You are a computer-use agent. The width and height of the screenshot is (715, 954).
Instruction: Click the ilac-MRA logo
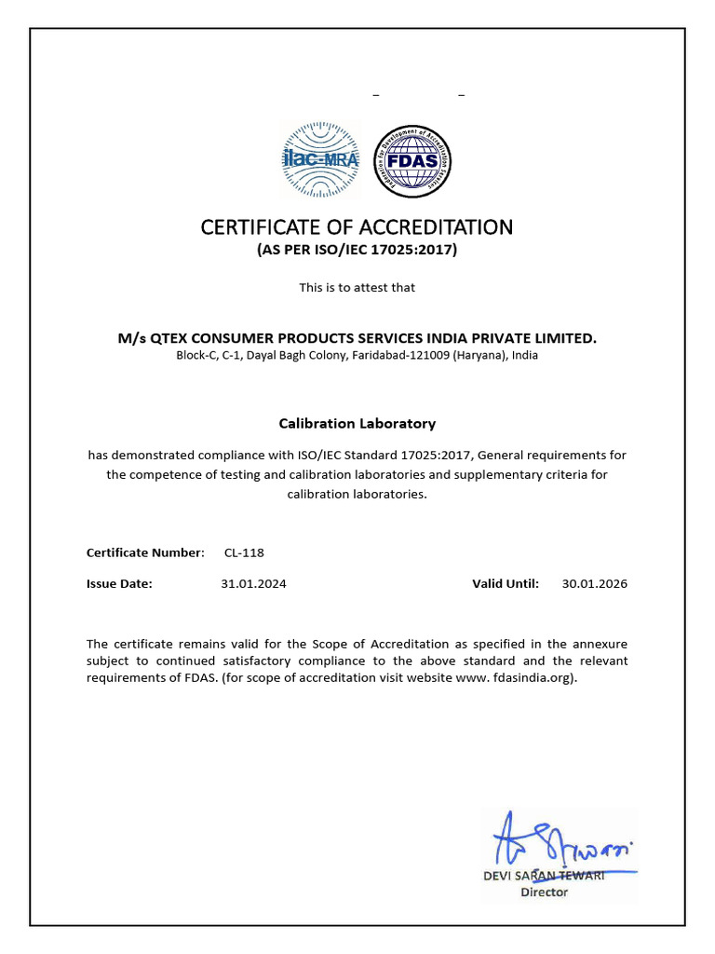click(x=319, y=160)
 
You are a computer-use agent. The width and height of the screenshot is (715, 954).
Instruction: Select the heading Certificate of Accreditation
click(x=357, y=227)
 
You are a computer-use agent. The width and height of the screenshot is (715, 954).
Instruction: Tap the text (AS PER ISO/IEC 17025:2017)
click(x=357, y=251)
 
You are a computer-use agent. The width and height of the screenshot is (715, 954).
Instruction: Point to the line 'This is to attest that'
click(x=357, y=287)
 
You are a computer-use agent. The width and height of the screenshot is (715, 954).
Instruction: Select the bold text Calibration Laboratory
click(x=357, y=423)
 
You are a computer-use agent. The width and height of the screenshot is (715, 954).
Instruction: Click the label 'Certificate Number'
click(x=144, y=552)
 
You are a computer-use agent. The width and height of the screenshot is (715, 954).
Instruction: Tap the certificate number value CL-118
click(x=244, y=552)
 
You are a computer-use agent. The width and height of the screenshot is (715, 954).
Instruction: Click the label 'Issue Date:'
click(x=119, y=584)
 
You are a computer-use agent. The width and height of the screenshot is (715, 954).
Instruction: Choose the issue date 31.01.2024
click(x=253, y=584)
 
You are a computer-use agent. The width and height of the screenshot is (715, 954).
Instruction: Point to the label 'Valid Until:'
click(x=506, y=584)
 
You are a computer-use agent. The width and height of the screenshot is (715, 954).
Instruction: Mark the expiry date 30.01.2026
click(x=594, y=584)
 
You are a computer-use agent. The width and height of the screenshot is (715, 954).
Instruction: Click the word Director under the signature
click(x=543, y=892)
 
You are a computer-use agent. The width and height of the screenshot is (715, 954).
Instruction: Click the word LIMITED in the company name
click(x=564, y=338)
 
